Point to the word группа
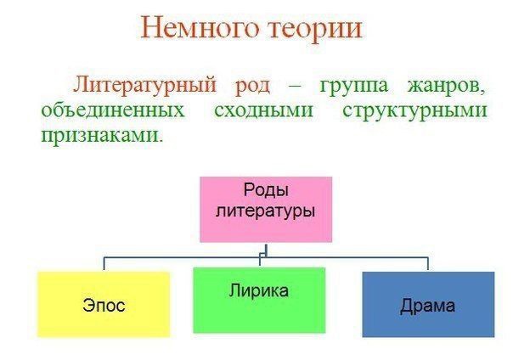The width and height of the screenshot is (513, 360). click(x=354, y=87)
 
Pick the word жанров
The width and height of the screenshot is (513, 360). click(x=446, y=87)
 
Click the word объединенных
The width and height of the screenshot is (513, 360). click(x=113, y=110)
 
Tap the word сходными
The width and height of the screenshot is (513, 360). click(x=263, y=111)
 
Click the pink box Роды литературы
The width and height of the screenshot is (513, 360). click(x=266, y=210)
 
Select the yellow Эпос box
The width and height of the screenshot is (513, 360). click(x=104, y=305)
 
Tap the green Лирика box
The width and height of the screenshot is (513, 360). click(x=259, y=301)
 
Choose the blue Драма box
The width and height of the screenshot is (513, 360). click(x=428, y=305)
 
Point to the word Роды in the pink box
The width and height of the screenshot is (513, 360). click(x=266, y=190)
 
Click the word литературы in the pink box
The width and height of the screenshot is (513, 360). click(x=265, y=211)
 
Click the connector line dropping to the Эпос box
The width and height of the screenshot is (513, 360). click(x=104, y=263)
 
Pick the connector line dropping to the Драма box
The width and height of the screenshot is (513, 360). click(x=428, y=263)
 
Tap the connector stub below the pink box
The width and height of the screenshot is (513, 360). click(x=267, y=250)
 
